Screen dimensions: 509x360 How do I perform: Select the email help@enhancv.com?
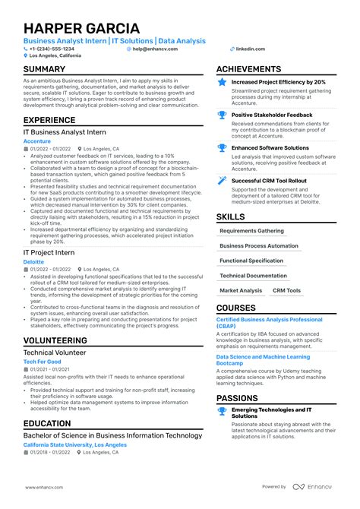click(155, 49)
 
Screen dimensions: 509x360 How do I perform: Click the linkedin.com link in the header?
click(250, 49)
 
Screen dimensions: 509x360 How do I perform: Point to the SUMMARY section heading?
click(44, 70)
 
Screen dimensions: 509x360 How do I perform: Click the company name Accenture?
click(37, 141)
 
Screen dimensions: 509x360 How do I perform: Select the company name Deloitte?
click(34, 261)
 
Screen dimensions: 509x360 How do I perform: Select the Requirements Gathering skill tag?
click(251, 230)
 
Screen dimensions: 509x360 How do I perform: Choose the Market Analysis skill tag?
click(241, 290)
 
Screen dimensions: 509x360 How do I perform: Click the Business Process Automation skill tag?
click(259, 245)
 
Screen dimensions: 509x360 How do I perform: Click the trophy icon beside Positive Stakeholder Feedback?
click(222, 115)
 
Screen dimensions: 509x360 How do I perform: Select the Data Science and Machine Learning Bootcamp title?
click(273, 359)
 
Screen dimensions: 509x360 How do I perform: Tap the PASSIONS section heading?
click(237, 398)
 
